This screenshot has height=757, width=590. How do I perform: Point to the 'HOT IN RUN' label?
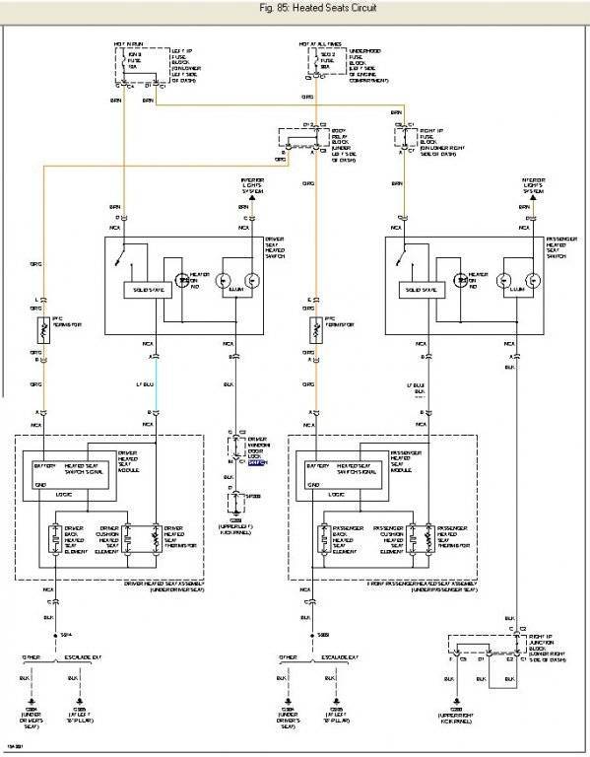[x=125, y=44]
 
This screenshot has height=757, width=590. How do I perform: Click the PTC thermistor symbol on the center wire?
[x=314, y=329]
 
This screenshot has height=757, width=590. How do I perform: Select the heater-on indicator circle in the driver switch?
[x=181, y=282]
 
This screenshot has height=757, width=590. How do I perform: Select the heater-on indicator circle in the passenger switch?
[x=458, y=282]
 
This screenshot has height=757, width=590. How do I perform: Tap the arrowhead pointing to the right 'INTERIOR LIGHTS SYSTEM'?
[x=521, y=198]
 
